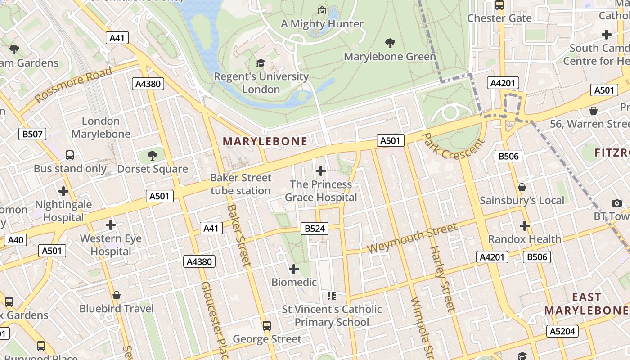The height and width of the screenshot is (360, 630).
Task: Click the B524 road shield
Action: point(315,229)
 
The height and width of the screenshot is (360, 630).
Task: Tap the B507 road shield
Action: point(32,134)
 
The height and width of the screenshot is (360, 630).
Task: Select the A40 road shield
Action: point(15,240)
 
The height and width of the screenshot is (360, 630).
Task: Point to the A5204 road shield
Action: point(562,332)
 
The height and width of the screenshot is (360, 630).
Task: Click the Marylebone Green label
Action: point(390,57)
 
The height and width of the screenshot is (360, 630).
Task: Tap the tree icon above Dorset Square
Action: point(153,156)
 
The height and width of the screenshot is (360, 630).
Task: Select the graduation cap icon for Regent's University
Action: point(261,63)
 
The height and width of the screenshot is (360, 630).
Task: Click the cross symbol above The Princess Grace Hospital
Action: point(320,171)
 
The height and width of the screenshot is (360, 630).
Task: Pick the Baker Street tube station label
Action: point(241,184)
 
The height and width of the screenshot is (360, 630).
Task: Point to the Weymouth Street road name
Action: point(413,238)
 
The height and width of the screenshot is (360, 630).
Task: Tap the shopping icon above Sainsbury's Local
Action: point(522,187)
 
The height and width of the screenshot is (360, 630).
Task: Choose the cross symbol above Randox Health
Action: point(524,225)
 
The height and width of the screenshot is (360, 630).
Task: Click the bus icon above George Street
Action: point(267,325)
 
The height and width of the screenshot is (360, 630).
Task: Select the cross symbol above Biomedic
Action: point(293,269)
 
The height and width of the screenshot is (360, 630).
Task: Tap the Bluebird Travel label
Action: point(117,309)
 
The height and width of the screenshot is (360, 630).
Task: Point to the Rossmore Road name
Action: point(73,85)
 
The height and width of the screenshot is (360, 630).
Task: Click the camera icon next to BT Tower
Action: point(616,203)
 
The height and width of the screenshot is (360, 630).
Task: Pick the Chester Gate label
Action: point(499,18)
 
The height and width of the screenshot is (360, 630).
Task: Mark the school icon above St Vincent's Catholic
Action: point(332,296)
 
